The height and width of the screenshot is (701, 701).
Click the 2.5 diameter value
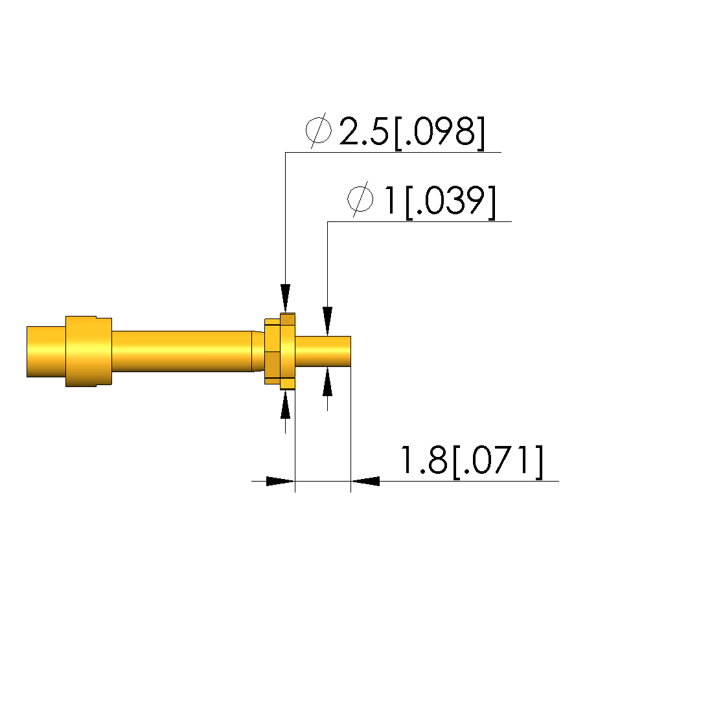[x=363, y=131]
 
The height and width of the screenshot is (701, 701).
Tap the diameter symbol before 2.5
[x=319, y=131]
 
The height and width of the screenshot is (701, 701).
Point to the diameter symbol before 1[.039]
[x=361, y=199]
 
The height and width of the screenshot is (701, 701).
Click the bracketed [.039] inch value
[x=451, y=202]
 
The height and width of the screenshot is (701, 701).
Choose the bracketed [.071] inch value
[x=499, y=462]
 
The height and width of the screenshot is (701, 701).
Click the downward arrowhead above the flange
[x=286, y=298]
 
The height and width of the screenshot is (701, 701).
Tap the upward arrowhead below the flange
[x=286, y=405]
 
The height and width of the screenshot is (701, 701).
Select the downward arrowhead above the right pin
[x=327, y=321]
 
